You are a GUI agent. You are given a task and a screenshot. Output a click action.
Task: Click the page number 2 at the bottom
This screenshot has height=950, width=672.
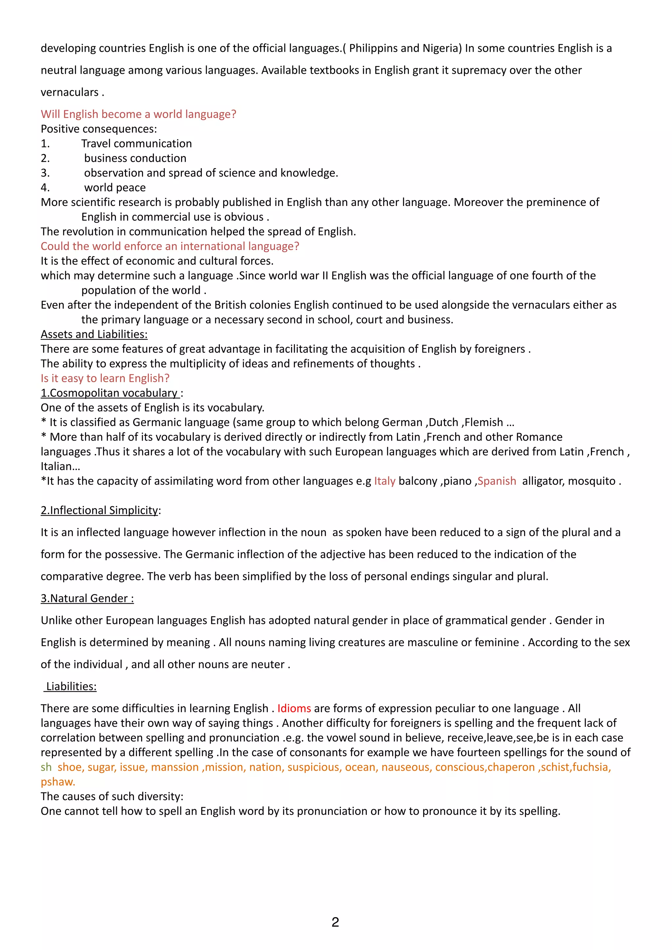[335, 922]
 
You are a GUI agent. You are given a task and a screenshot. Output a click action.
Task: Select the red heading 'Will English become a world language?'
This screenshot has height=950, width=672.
[138, 114]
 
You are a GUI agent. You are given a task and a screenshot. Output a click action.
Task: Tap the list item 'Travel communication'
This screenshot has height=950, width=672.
[136, 144]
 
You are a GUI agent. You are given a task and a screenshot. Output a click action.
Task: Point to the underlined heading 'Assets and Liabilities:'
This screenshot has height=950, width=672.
[94, 334]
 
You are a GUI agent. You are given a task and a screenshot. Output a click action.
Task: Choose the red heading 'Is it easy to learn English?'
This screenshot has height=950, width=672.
[105, 378]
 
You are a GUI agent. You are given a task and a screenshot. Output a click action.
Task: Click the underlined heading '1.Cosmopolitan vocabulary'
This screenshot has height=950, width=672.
[109, 393]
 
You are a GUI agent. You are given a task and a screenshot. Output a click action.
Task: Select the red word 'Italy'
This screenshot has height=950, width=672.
[385, 481]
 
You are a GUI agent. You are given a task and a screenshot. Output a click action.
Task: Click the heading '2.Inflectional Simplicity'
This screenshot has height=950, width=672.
[99, 510]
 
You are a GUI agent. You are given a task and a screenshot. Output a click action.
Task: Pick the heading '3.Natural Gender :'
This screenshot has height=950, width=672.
[87, 598]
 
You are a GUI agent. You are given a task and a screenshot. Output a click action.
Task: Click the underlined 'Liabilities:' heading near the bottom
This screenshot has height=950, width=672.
[71, 687]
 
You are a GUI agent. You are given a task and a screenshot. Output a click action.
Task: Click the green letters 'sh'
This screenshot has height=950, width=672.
[46, 767]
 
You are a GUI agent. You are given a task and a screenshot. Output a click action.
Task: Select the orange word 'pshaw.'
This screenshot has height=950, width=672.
[58, 782]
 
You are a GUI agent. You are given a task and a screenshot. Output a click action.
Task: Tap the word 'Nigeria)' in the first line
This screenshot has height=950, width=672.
[442, 49]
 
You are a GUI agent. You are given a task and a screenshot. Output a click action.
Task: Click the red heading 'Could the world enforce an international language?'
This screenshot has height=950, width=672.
[170, 246]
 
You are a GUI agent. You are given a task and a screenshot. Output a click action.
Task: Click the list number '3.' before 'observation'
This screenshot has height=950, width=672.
[45, 173]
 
